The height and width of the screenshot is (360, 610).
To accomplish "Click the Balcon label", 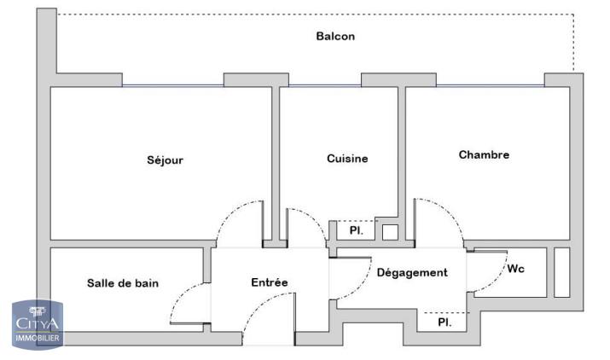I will (x=335, y=37).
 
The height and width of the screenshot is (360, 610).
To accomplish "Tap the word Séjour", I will (x=165, y=160).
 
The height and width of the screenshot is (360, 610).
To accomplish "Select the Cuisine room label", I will (x=347, y=159).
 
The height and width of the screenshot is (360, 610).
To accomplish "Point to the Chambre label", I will (x=484, y=154).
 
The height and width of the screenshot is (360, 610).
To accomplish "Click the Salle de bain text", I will (x=123, y=283).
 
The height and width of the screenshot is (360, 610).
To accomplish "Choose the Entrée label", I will (x=269, y=282).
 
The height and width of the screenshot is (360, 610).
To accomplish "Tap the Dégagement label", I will (x=412, y=273).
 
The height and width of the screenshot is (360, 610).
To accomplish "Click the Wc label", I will (x=516, y=269).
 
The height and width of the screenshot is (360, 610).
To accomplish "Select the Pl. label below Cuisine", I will (x=356, y=231).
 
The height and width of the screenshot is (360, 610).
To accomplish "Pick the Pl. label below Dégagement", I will (x=444, y=322).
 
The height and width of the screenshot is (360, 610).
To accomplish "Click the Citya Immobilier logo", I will (x=35, y=323).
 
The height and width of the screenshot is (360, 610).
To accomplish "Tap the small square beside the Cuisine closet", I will (x=389, y=231).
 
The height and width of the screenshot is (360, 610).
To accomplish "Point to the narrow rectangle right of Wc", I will (x=561, y=272).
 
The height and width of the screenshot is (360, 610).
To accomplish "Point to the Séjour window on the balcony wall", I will (x=172, y=85).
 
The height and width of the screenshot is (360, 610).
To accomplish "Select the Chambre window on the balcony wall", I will (x=490, y=85).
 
